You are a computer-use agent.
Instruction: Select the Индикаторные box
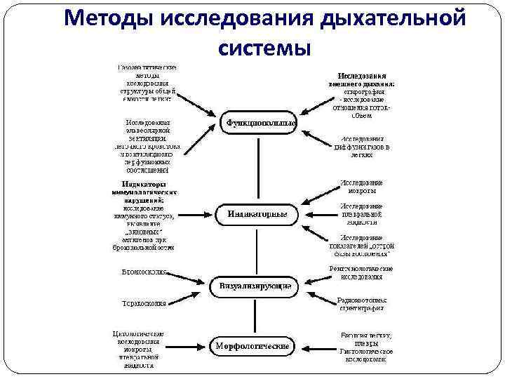point(259,214)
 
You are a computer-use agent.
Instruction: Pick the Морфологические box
point(252,346)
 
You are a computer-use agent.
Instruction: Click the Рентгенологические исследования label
point(361,272)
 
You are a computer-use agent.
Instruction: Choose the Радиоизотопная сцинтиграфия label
point(362,303)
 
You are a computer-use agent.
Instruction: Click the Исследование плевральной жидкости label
point(361,213)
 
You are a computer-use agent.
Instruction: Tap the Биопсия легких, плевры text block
point(365,346)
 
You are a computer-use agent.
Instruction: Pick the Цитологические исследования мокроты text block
point(139,349)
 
